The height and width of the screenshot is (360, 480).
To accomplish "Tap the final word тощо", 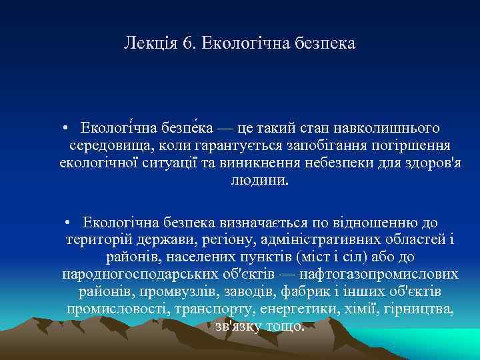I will [x=285, y=327].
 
